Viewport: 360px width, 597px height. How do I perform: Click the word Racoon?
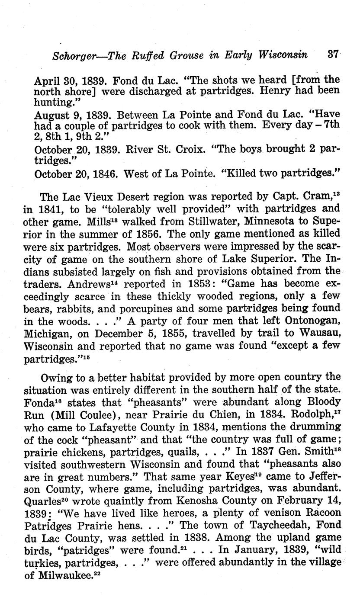click(x=319, y=513)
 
